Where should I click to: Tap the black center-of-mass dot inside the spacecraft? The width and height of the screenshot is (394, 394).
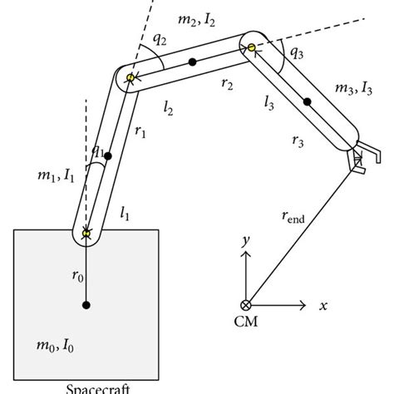(x=86, y=306)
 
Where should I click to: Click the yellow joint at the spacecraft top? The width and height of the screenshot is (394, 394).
(x=86, y=234)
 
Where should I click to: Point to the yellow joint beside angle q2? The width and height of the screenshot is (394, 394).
(x=131, y=78)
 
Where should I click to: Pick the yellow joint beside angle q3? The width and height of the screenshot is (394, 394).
(x=249, y=47)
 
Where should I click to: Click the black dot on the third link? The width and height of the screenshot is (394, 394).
(x=307, y=102)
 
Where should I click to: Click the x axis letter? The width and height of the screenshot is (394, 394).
(x=323, y=306)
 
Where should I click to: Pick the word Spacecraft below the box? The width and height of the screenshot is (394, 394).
(x=86, y=387)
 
